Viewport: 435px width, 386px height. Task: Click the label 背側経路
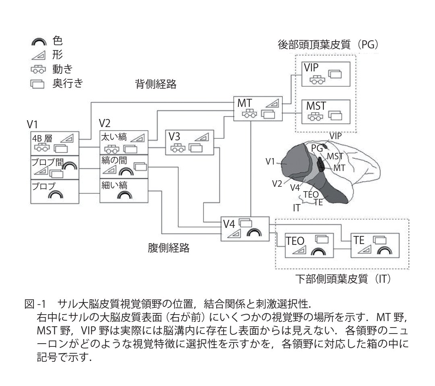point(156,84)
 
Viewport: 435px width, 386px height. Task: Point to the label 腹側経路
point(168,248)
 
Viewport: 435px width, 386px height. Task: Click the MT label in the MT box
point(245,103)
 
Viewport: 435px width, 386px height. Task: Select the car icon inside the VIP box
point(317,79)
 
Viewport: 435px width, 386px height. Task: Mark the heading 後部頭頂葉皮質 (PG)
point(329,45)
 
